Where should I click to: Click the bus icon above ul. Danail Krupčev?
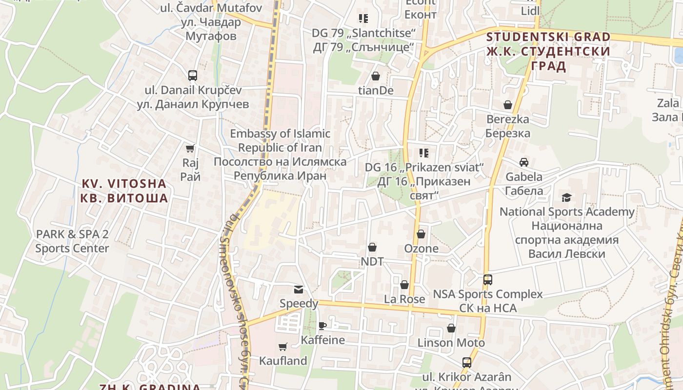pyautogui.click(x=193, y=76)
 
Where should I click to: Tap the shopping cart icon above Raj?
pyautogui.click(x=190, y=148)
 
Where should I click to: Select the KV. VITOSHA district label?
pyautogui.click(x=124, y=191)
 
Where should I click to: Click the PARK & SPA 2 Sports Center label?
pyautogui.click(x=72, y=241)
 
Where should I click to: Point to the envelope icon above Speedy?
pyautogui.click(x=299, y=290)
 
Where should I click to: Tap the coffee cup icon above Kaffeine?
pyautogui.click(x=322, y=326)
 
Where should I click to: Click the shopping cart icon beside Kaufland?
pyautogui.click(x=282, y=347)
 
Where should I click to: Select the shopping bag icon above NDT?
pyautogui.click(x=372, y=247)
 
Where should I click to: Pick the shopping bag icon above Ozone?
pyautogui.click(x=421, y=234)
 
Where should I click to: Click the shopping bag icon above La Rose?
pyautogui.click(x=404, y=285)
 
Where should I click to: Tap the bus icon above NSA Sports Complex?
pyautogui.click(x=488, y=280)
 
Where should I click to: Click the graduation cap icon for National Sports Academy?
pyautogui.click(x=566, y=197)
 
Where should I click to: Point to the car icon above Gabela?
pyautogui.click(x=524, y=162)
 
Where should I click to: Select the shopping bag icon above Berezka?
pyautogui.click(x=508, y=105)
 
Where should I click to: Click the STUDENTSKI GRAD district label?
pyautogui.click(x=548, y=51)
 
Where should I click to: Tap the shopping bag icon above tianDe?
pyautogui.click(x=376, y=76)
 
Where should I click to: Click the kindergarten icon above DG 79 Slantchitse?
pyautogui.click(x=363, y=19)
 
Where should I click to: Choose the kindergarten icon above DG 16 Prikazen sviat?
pyautogui.click(x=424, y=153)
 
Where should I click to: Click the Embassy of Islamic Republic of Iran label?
pyautogui.click(x=280, y=155)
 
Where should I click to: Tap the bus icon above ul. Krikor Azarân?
pyautogui.click(x=467, y=363)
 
